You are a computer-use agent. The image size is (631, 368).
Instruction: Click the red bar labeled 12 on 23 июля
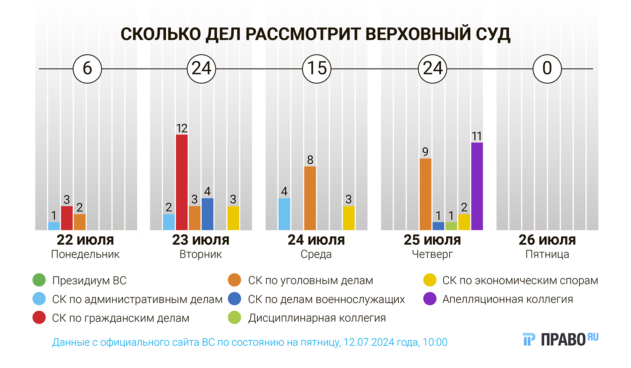click(x=182, y=182)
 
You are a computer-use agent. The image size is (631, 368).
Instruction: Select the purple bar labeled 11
click(x=477, y=186)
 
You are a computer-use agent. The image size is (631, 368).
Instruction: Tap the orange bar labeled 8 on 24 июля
click(x=310, y=198)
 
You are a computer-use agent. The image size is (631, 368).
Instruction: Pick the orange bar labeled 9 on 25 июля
click(x=425, y=194)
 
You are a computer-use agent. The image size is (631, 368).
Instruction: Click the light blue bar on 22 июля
click(x=54, y=226)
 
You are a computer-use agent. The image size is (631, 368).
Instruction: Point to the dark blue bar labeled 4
click(x=207, y=214)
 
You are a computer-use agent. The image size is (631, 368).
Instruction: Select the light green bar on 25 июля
click(x=451, y=226)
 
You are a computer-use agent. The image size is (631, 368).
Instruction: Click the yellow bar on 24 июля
click(x=348, y=218)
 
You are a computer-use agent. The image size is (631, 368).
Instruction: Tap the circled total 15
click(x=317, y=69)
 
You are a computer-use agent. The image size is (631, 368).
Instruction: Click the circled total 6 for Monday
click(x=87, y=69)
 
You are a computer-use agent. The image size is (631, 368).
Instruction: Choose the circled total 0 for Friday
click(x=547, y=69)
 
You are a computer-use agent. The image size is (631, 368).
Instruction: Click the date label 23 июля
click(x=201, y=240)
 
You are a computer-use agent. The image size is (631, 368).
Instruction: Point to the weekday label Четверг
click(x=432, y=254)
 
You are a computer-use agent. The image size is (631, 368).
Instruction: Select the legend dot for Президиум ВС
click(x=39, y=280)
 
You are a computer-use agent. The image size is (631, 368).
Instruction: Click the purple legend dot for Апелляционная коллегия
click(x=430, y=299)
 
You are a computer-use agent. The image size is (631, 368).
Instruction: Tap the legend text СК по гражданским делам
click(x=121, y=318)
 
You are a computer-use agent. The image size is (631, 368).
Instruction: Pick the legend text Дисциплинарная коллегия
click(x=317, y=318)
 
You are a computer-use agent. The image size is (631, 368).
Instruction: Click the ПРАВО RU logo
click(x=561, y=339)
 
